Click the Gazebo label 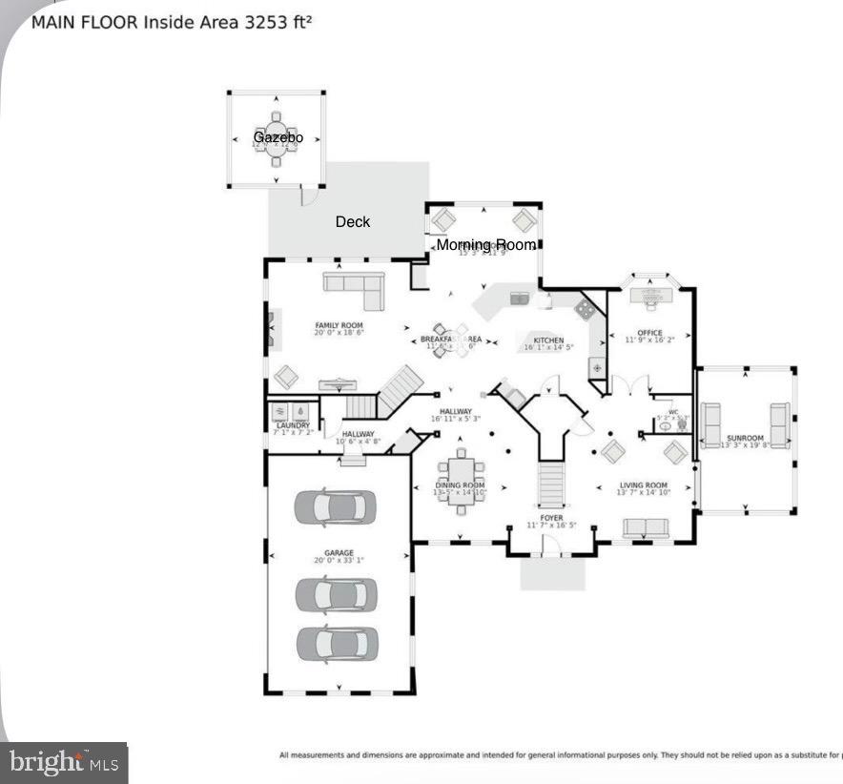(278, 138)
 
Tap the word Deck (353, 222)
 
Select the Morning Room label (486, 245)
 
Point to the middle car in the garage (336, 595)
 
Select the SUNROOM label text (746, 439)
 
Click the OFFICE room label (650, 333)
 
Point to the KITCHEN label (548, 340)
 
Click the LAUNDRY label (293, 425)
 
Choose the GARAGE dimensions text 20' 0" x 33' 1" (339, 561)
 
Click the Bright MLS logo (65, 762)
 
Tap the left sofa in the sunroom (711, 425)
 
